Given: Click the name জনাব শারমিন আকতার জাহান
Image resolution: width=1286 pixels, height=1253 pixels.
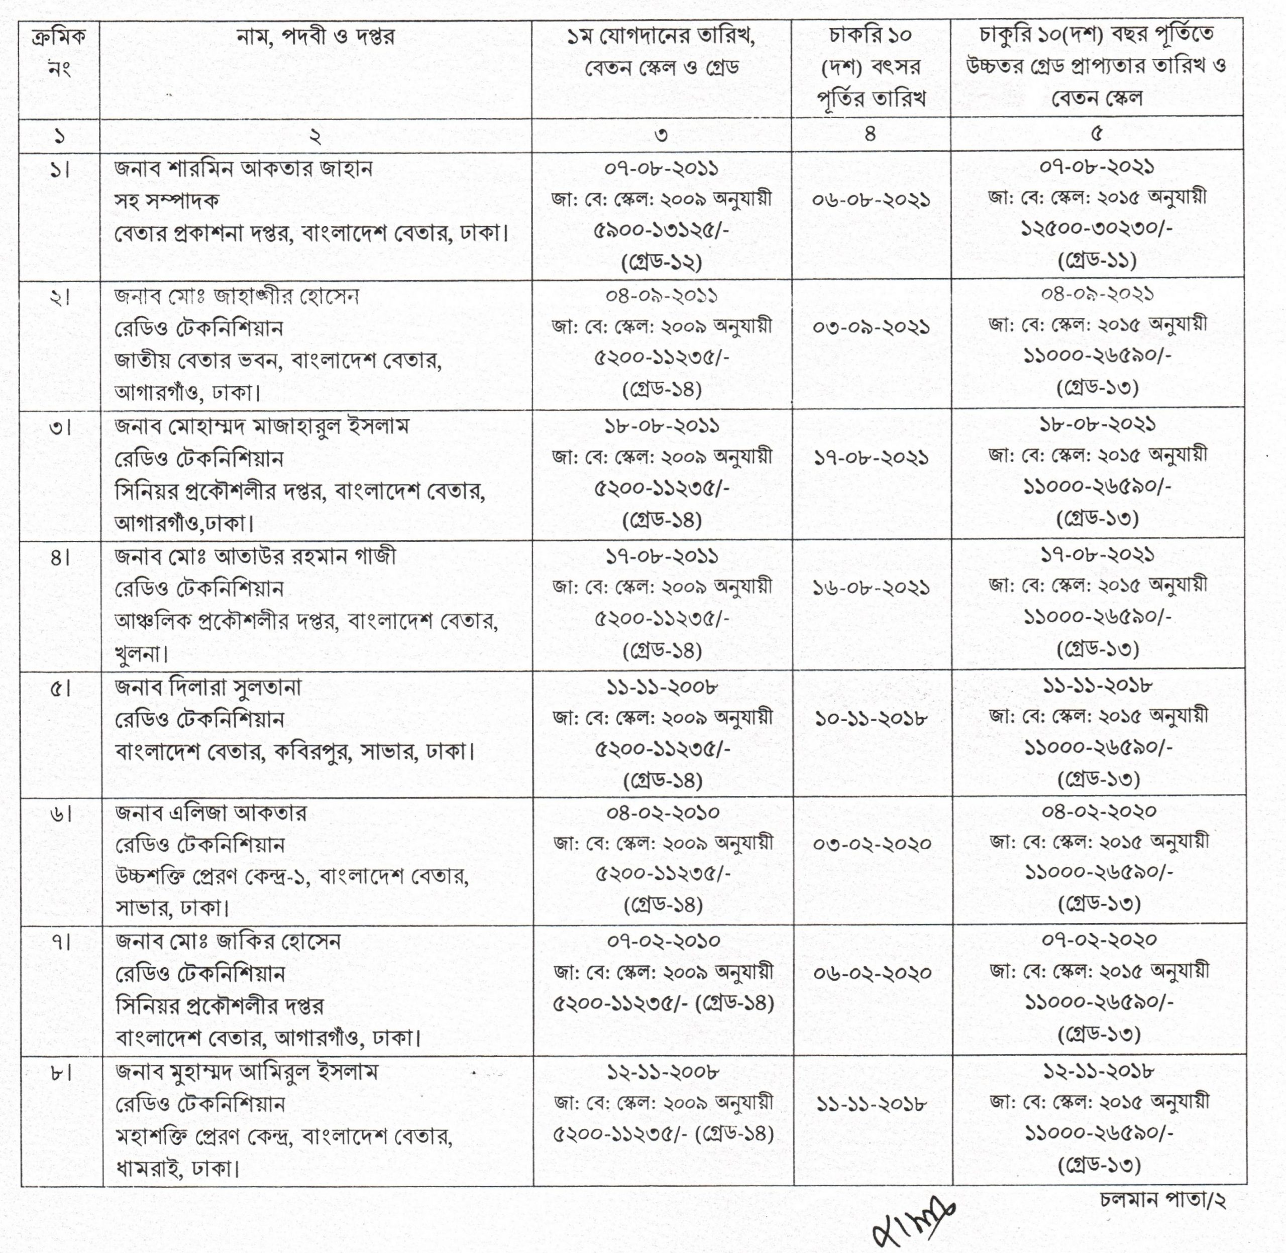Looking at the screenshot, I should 244,169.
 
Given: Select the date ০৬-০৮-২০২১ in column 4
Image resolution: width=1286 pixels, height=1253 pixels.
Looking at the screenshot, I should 871,199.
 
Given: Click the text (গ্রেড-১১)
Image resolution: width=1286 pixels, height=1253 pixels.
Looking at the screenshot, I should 1097,261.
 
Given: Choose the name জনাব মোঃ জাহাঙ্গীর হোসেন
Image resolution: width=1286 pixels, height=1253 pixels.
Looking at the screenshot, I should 237,297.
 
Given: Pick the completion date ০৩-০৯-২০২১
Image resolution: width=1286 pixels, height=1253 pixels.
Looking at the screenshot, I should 871,327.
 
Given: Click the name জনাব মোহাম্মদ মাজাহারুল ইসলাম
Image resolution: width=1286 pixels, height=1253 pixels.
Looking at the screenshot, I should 262,426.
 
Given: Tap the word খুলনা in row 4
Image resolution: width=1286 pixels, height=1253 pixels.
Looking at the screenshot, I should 140,654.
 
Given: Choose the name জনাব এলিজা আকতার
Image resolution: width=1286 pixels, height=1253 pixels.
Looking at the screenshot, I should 210,814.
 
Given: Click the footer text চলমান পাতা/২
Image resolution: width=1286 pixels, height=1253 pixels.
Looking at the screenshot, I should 1162,1200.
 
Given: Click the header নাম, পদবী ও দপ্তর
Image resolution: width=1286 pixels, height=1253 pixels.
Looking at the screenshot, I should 315,36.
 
